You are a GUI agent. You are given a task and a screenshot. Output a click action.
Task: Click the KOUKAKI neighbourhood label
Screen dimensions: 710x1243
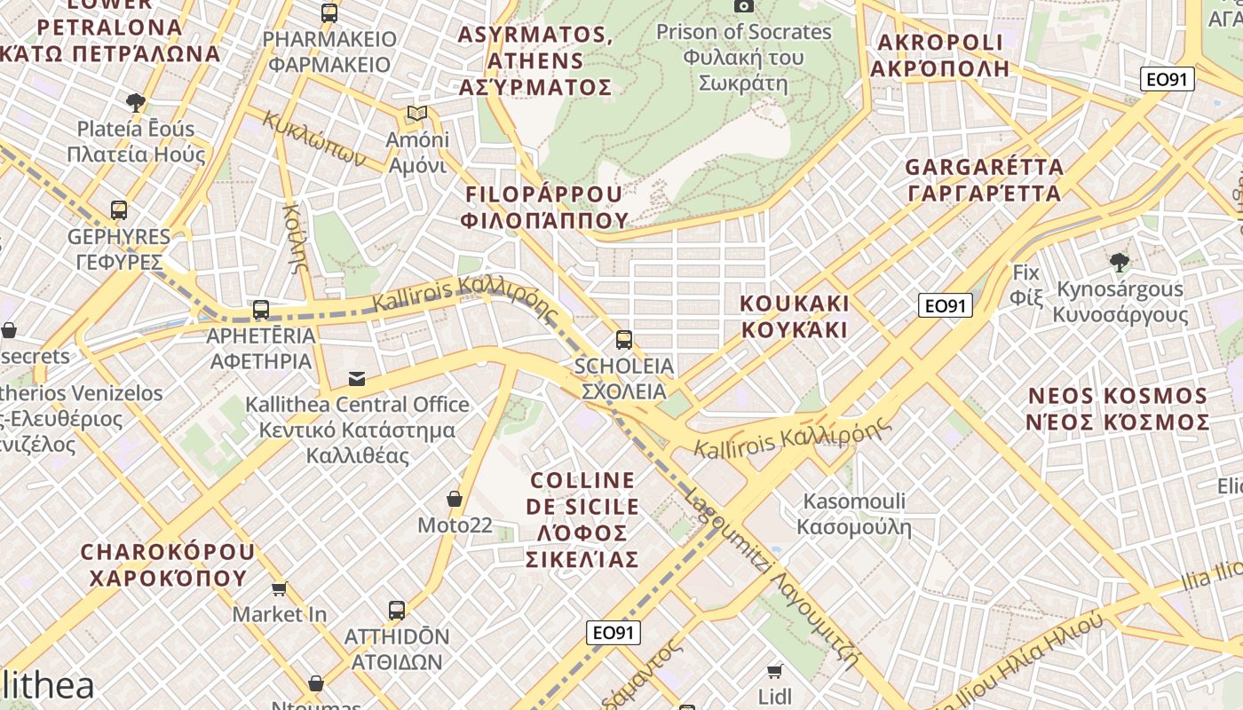pyautogui.click(x=795, y=316)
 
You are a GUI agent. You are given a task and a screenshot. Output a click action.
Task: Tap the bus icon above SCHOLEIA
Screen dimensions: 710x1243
pyautogui.click(x=624, y=339)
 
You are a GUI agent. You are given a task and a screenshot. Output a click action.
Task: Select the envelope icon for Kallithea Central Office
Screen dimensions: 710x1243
pyautogui.click(x=356, y=379)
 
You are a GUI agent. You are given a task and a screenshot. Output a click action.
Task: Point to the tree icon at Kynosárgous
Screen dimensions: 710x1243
pyautogui.click(x=1119, y=262)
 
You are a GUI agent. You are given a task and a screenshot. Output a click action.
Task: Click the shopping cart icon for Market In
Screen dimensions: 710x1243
pyautogui.click(x=280, y=588)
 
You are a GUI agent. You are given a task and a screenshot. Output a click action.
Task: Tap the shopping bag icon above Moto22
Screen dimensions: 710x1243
pyautogui.click(x=455, y=499)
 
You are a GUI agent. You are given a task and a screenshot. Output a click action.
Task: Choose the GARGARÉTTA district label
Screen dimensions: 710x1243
pyautogui.click(x=983, y=179)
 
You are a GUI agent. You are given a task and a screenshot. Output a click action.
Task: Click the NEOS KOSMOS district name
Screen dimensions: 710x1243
pyautogui.click(x=1118, y=408)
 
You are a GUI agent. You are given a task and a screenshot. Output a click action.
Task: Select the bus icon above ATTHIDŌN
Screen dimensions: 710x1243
pyautogui.click(x=396, y=611)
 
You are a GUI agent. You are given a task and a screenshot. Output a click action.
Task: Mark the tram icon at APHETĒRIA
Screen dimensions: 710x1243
pyautogui.click(x=260, y=310)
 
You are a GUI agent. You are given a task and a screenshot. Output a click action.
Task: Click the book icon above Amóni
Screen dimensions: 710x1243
pyautogui.click(x=416, y=114)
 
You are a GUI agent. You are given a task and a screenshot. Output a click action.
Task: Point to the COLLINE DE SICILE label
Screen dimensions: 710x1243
pyautogui.click(x=582, y=519)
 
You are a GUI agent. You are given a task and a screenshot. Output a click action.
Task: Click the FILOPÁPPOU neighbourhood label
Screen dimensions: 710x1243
pyautogui.click(x=544, y=207)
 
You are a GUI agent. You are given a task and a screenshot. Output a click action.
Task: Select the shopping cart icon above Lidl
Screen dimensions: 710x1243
pyautogui.click(x=775, y=671)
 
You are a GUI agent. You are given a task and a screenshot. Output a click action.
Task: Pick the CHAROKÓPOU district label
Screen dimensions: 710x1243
pyautogui.click(x=167, y=564)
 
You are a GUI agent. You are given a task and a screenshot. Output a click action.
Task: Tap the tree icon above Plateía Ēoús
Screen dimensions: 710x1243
pyautogui.click(x=136, y=103)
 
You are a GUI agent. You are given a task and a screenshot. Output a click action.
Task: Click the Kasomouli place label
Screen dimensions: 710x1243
pyautogui.click(x=853, y=513)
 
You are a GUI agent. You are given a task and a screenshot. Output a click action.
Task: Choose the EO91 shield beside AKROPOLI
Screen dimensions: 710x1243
pyautogui.click(x=1167, y=79)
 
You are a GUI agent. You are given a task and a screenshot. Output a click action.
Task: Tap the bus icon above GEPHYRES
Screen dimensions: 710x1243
pyautogui.click(x=119, y=210)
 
